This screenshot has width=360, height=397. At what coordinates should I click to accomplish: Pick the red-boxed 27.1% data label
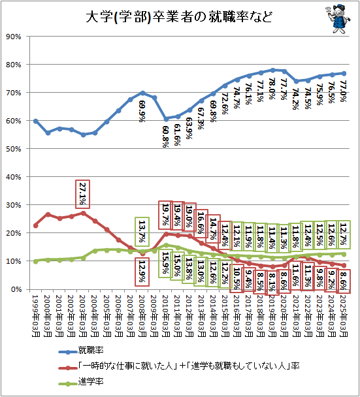pyautogui.click(x=83, y=193)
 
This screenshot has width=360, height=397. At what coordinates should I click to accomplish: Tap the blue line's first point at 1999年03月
pyautogui.click(x=35, y=121)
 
